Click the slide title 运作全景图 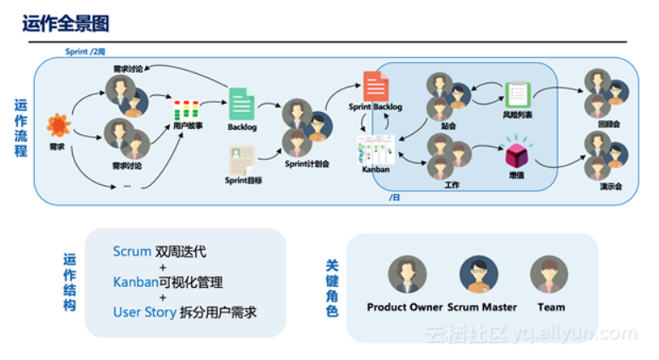65,23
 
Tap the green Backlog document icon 241,104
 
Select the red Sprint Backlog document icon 375,86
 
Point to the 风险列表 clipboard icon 517,95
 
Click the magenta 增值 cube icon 516,155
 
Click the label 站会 449,126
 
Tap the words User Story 144,312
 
